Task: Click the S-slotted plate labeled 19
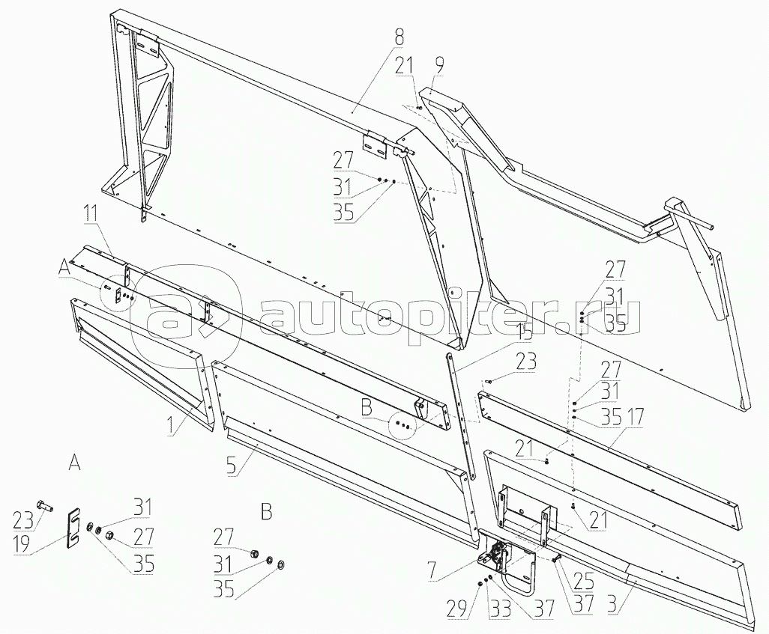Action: [73, 528]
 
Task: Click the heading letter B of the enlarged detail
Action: [266, 513]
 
